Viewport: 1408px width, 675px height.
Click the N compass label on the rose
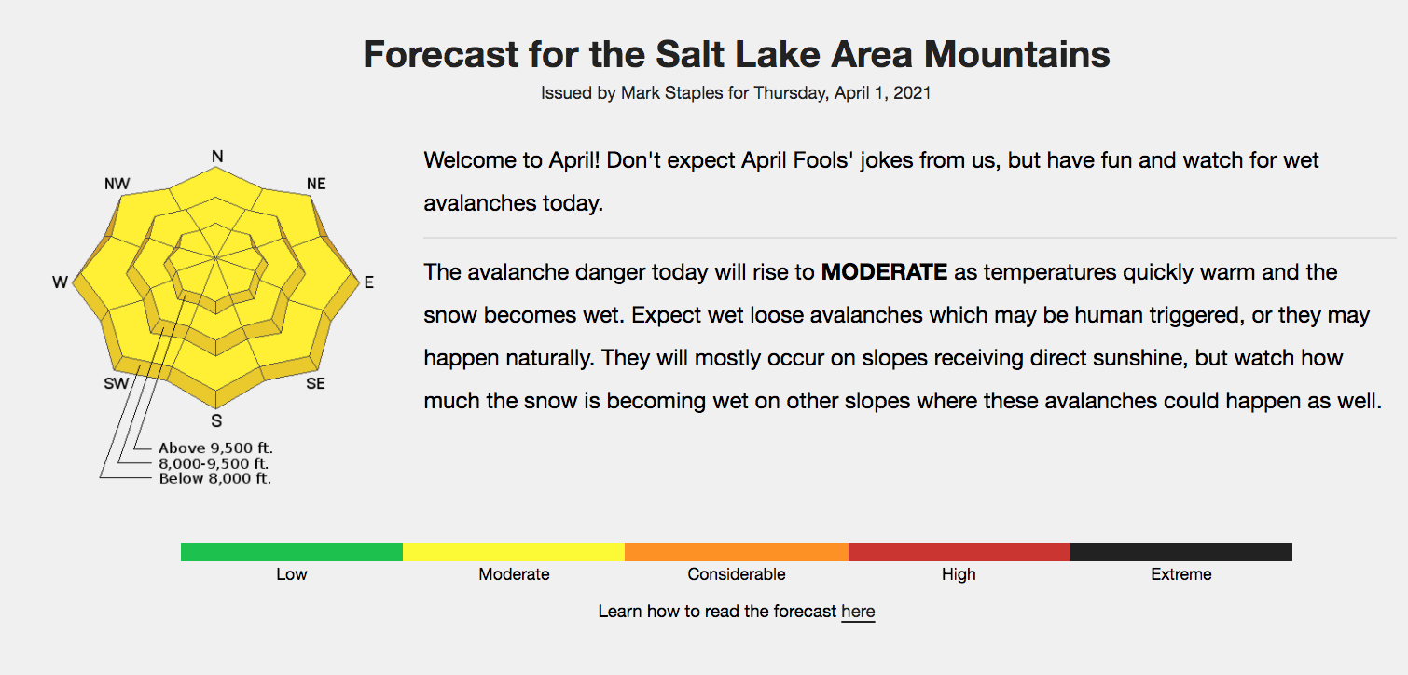[x=217, y=157]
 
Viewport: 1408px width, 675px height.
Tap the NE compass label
[x=316, y=184]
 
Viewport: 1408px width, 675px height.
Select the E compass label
[x=369, y=282]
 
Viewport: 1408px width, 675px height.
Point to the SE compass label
[x=315, y=383]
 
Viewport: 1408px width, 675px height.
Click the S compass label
[x=216, y=421]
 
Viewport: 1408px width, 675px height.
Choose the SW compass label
[x=117, y=383]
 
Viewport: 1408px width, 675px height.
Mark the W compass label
[x=60, y=282]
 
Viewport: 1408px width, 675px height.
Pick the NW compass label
[x=117, y=184]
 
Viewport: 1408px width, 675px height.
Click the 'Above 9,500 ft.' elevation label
[x=215, y=448]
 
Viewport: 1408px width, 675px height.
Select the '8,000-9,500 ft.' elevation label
[x=214, y=463]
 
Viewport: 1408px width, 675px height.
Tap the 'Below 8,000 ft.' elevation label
[x=215, y=479]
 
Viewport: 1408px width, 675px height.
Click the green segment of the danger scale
[x=292, y=552]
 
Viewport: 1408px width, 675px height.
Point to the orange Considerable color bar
[x=737, y=552]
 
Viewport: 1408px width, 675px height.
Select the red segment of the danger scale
[x=959, y=552]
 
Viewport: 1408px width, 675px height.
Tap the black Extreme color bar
[x=1181, y=552]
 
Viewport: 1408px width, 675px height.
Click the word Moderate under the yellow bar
[x=514, y=574]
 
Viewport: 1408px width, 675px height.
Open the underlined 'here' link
[x=858, y=612]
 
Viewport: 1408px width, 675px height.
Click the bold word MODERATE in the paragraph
[x=884, y=272]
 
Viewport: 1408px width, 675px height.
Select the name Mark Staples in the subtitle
[x=672, y=93]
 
